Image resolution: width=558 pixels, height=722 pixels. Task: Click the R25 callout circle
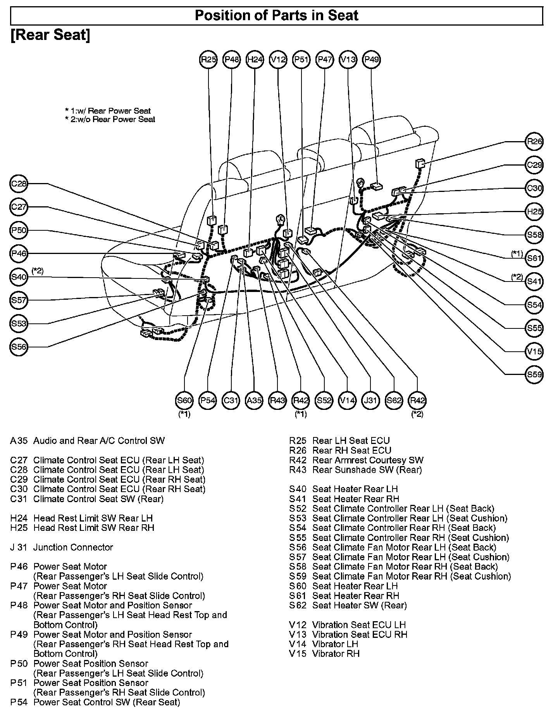208,59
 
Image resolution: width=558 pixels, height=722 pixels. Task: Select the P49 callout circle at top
371,59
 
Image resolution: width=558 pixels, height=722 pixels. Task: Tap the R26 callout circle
534,142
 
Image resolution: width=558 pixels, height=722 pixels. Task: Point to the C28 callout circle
18,183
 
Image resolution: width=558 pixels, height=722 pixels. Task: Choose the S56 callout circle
18,347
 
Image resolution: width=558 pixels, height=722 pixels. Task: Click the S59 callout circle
534,375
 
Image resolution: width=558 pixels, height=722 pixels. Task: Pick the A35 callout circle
254,400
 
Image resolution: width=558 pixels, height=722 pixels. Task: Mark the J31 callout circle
370,400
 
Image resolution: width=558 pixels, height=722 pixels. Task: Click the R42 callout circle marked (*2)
417,400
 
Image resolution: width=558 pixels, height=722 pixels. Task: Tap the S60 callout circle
184,400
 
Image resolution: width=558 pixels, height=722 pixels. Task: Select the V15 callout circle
534,351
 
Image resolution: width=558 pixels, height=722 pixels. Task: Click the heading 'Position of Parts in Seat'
276,16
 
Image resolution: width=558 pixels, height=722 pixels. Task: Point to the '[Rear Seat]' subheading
50,35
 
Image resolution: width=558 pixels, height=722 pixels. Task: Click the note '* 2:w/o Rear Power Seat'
110,119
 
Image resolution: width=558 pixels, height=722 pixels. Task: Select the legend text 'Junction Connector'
73,547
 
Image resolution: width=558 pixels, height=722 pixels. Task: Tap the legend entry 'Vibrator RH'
336,654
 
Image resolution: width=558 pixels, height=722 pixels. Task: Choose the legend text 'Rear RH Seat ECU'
351,450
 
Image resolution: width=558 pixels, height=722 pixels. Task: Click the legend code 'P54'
19,702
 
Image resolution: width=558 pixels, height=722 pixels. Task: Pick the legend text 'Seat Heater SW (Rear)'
359,605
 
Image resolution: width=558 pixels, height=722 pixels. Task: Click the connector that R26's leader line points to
420,164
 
